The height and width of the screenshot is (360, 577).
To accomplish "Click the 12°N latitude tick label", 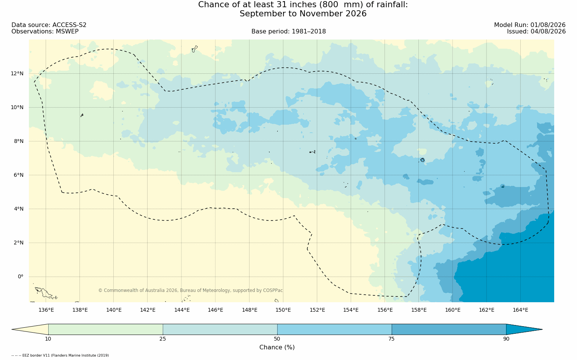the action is pyautogui.click(x=17, y=74).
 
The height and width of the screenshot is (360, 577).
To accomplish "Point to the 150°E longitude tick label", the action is pyautogui.click(x=283, y=310).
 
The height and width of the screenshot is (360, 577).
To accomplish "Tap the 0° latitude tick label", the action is pyautogui.click(x=21, y=277).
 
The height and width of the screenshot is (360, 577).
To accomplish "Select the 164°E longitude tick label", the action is pyautogui.click(x=520, y=310).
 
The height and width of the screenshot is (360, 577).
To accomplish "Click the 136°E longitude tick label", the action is pyautogui.click(x=46, y=310).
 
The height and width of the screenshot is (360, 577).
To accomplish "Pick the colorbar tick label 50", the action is pyautogui.click(x=277, y=339).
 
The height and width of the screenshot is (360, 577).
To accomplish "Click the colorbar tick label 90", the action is pyautogui.click(x=506, y=339).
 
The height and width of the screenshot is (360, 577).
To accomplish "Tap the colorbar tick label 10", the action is pyautogui.click(x=48, y=339).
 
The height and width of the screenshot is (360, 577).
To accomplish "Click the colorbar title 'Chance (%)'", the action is pyautogui.click(x=277, y=347).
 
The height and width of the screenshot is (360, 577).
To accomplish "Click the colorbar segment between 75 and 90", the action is pyautogui.click(x=449, y=329).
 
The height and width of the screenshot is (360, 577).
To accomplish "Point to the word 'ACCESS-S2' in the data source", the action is pyautogui.click(x=69, y=25).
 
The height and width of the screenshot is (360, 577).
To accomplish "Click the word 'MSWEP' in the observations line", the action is pyautogui.click(x=67, y=32).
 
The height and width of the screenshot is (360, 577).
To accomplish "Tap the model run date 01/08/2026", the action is pyautogui.click(x=548, y=25).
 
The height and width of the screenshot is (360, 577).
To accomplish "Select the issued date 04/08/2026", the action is pyautogui.click(x=548, y=32).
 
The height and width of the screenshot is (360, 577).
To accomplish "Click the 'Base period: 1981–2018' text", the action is pyautogui.click(x=288, y=32).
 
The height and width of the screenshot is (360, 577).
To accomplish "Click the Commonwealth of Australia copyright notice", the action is pyautogui.click(x=191, y=290).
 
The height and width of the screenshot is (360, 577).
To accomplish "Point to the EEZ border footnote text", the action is pyautogui.click(x=60, y=355).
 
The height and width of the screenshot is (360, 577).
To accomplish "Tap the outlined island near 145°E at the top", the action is pyautogui.click(x=195, y=49).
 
